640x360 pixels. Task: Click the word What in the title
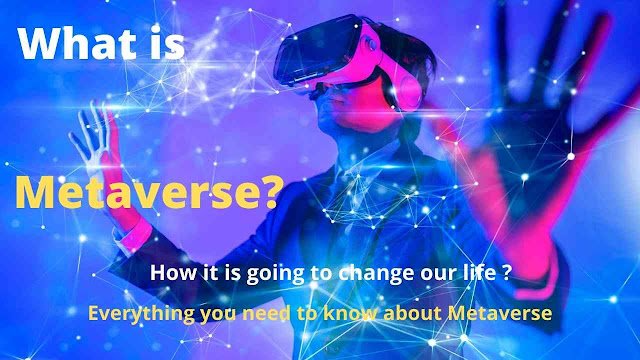tap(77, 44)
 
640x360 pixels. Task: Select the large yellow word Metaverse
tap(137, 193)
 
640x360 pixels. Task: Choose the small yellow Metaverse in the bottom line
tap(500, 313)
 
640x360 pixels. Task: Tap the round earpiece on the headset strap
tap(410, 91)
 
